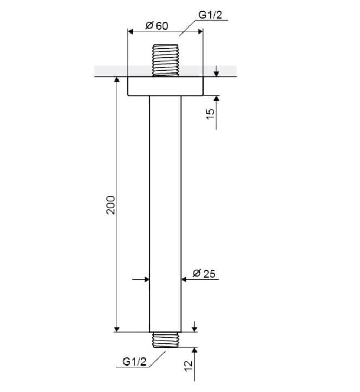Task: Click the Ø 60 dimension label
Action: [x=156, y=25]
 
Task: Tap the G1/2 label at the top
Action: [x=210, y=15]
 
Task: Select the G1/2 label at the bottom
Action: [x=134, y=362]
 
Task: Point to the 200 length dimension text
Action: [x=110, y=205]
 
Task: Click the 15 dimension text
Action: [x=210, y=114]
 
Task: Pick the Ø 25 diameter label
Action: [x=204, y=274]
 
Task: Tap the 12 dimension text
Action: [x=188, y=366]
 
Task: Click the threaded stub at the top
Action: [x=165, y=60]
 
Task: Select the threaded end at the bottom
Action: [x=166, y=340]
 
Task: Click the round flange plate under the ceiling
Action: [x=166, y=86]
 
